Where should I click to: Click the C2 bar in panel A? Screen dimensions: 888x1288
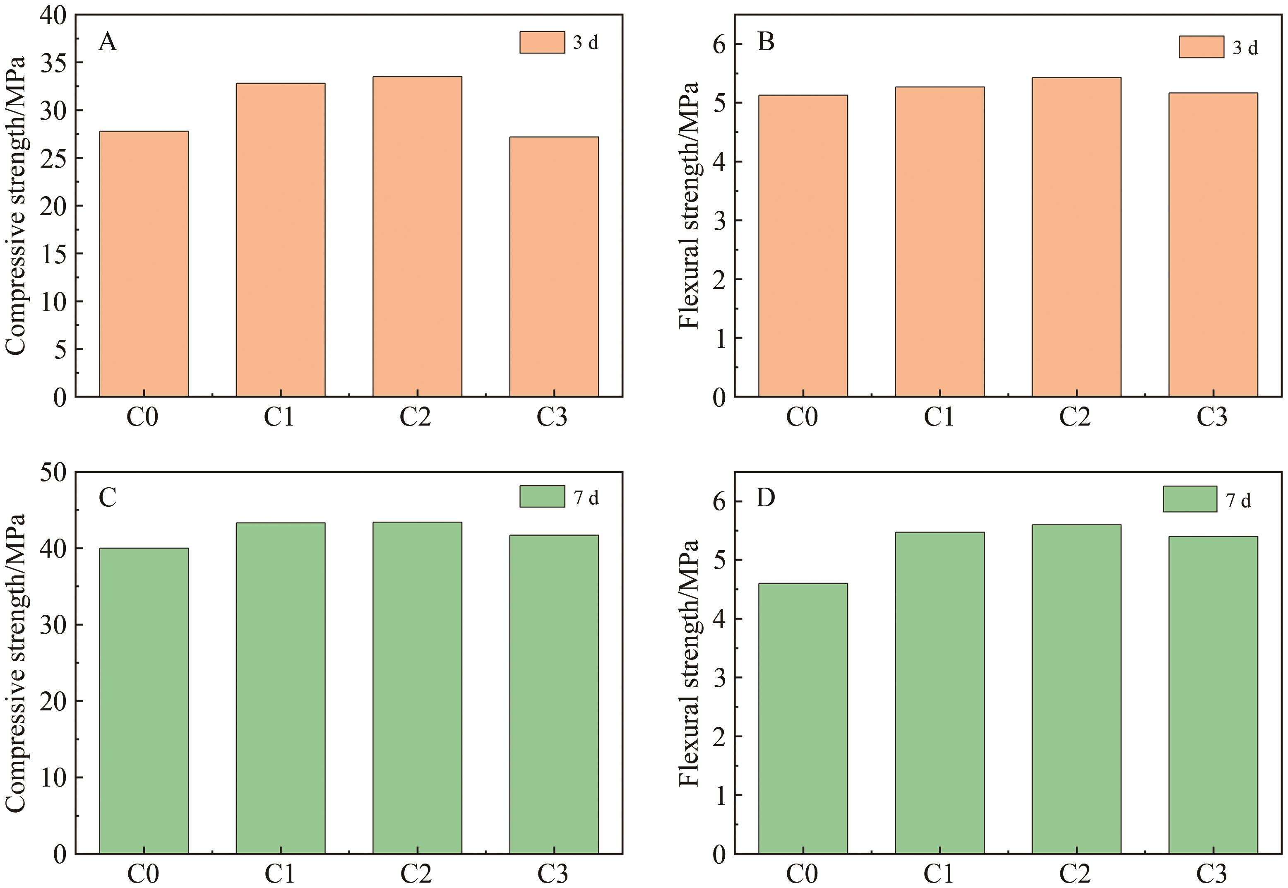click(417, 236)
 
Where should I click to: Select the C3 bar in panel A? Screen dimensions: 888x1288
click(554, 267)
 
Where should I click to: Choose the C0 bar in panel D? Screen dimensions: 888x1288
click(803, 718)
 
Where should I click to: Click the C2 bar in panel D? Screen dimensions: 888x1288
click(1076, 689)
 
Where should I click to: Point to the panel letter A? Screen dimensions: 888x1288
click(107, 42)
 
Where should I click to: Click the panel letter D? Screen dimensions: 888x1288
click(766, 498)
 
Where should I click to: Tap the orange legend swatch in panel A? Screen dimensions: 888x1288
click(542, 42)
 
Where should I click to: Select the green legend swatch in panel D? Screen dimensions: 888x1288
click(1189, 499)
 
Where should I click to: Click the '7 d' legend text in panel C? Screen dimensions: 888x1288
click(586, 498)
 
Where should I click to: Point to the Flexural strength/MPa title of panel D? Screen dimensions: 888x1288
click(690, 662)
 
